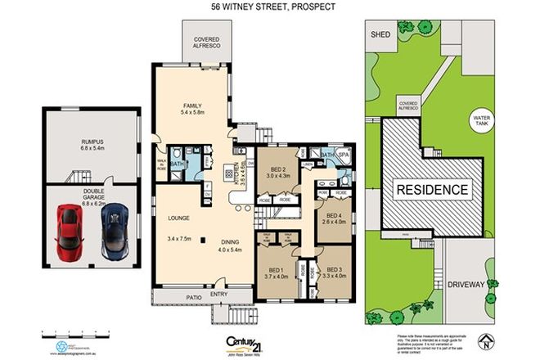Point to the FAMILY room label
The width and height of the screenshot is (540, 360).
point(192,106)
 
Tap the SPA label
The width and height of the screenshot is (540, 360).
point(344,153)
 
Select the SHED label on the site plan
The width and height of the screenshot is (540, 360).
point(380,35)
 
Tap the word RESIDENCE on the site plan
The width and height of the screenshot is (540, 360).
point(433,190)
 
